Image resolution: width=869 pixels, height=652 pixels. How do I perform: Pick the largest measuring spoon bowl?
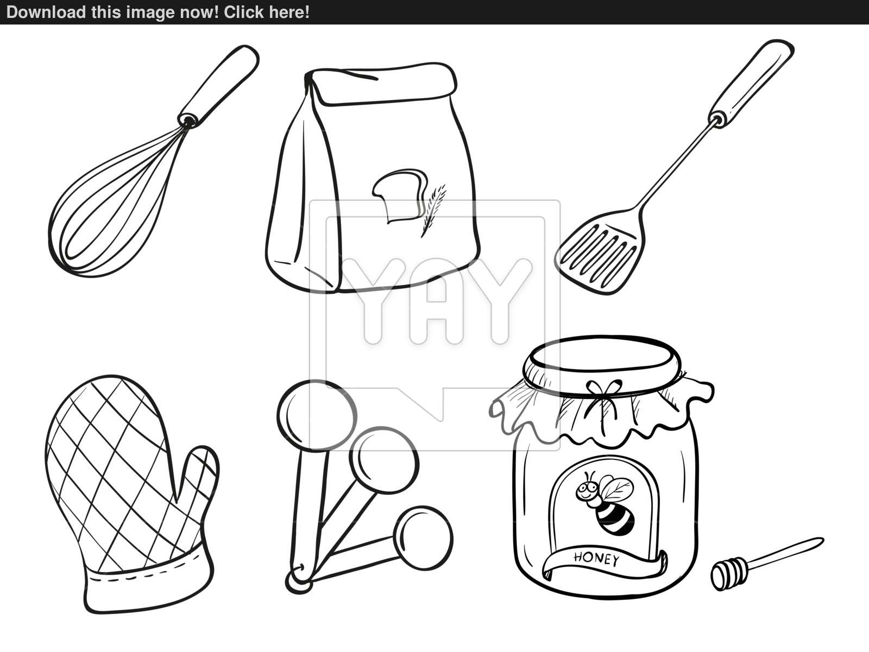[x=317, y=415]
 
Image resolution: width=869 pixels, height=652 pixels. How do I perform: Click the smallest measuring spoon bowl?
[x=423, y=538]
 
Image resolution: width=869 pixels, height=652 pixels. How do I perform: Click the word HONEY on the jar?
[x=596, y=559]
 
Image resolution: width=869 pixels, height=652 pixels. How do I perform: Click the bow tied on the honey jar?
[x=602, y=403]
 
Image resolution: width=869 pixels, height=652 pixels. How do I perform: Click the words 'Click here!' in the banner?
[x=267, y=12]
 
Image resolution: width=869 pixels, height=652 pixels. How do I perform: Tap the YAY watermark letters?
[x=436, y=301]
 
